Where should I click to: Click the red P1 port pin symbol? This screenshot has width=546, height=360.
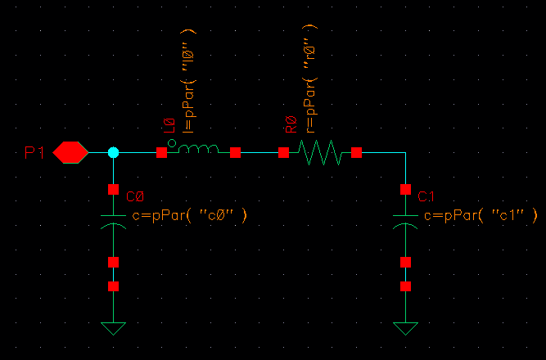[x=70, y=152]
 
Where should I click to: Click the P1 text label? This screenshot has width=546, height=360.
[x=34, y=152]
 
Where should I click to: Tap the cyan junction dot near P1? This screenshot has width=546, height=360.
[x=114, y=152]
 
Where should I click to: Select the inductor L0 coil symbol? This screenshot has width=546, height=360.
[x=198, y=149]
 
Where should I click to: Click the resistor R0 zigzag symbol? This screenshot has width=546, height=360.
[x=320, y=152]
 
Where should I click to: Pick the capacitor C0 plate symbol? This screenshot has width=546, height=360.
[x=114, y=219]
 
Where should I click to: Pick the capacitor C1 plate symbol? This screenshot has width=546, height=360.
[x=405, y=219]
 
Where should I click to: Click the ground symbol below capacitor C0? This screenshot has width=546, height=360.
[x=114, y=329]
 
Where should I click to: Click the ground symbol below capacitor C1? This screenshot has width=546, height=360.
[x=405, y=329]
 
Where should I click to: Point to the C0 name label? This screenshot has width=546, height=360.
[x=136, y=197]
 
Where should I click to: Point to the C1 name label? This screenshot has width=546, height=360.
[x=426, y=197]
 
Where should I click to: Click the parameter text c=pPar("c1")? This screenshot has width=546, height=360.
[x=481, y=215]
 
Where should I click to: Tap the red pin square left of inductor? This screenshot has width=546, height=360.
[x=162, y=152]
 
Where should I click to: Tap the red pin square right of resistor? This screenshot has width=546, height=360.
[x=357, y=152]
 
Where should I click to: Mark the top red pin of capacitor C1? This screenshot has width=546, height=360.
[x=405, y=189]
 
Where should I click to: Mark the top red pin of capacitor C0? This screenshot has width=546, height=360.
[x=114, y=189]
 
